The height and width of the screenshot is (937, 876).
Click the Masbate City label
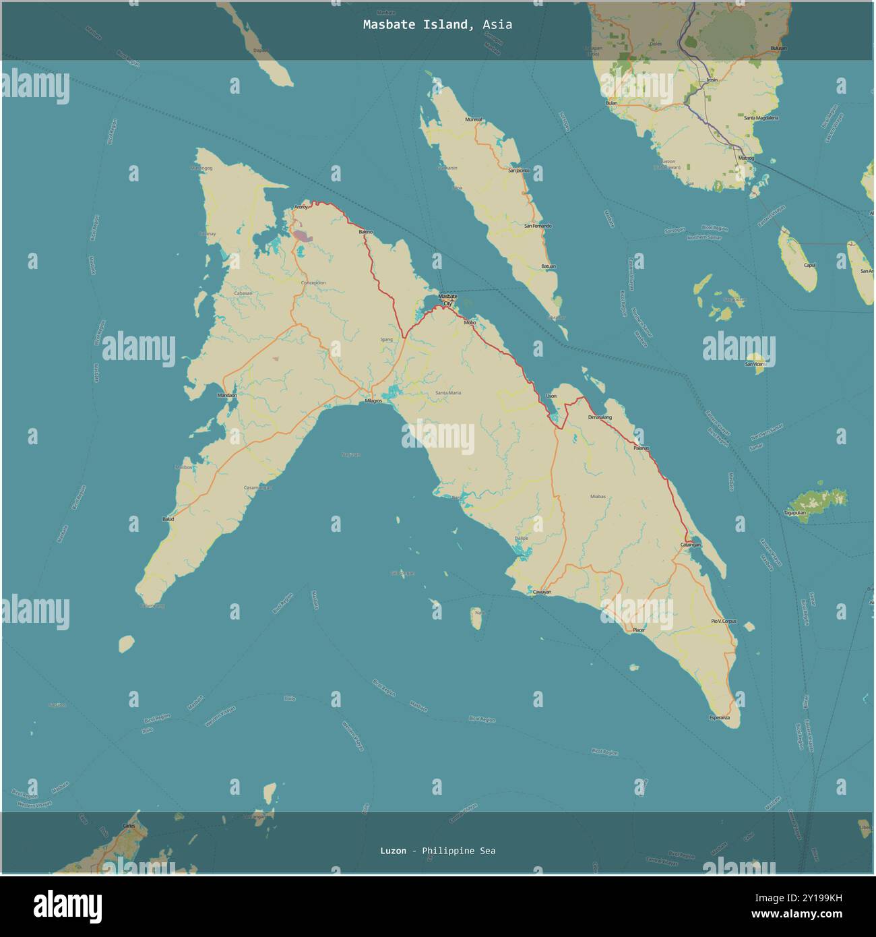[447, 299]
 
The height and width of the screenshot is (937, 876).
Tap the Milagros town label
[373, 400]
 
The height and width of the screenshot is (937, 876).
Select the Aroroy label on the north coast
[301, 207]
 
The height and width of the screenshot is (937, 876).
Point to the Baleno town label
[365, 232]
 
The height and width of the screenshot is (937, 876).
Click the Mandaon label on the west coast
[227, 395]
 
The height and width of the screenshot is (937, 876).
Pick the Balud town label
[168, 519]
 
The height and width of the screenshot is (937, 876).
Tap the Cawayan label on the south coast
[542, 592]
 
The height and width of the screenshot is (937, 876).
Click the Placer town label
[639, 630]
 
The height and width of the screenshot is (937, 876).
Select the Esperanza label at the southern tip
[720, 718]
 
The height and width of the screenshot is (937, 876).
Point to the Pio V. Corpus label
[724, 621]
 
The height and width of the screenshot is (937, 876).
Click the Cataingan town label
[691, 545]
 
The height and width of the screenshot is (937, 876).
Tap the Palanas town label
[641, 448]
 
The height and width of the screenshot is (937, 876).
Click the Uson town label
[551, 396]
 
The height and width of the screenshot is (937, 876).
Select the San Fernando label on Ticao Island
[538, 226]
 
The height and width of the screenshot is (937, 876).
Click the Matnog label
[746, 158]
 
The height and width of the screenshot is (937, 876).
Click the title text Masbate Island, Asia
[437, 25]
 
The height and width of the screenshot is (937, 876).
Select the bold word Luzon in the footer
[393, 851]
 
